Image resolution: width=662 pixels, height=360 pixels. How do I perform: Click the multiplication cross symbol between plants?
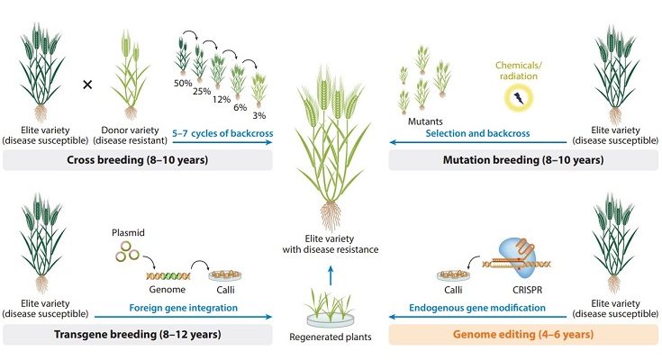87,85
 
